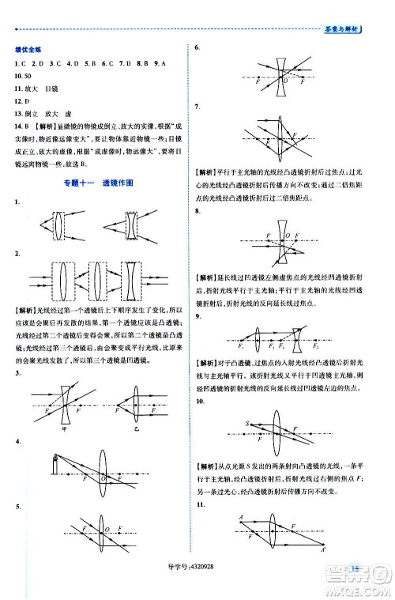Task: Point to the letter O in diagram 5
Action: [107, 529]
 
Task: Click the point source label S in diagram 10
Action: [246, 425]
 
